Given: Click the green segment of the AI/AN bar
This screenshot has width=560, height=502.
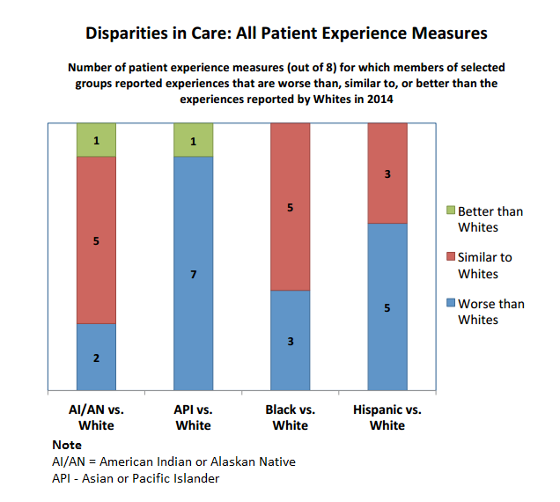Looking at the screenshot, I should pos(96,139).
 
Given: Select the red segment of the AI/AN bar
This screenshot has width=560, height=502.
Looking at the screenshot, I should pos(96,240).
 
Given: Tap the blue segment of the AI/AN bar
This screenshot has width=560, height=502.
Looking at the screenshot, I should pos(96,356).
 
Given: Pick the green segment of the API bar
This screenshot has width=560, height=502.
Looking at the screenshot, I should pos(193,139).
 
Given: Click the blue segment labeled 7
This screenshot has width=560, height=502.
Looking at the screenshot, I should pos(193,273).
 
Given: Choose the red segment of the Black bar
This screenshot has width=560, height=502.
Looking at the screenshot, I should pos(290,206).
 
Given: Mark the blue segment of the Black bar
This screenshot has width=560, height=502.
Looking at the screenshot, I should pos(290,339).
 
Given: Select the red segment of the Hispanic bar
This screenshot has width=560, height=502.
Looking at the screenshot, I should pos(387,173).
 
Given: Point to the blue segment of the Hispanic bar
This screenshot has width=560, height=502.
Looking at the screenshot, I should pos(387,306).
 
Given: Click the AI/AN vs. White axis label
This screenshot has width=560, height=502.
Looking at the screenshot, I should pos(96,417).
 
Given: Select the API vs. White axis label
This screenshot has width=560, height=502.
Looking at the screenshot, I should pos(193,417).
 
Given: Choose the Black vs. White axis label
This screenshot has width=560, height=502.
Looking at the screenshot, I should pos(290,417).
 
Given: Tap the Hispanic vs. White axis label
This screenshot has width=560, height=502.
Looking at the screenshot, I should pos(387,417).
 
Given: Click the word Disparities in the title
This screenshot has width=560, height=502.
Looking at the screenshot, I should pos(128,34).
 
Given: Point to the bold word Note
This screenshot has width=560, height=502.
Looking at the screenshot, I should pos(67,446).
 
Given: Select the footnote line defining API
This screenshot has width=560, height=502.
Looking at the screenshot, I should pos(136,478).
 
